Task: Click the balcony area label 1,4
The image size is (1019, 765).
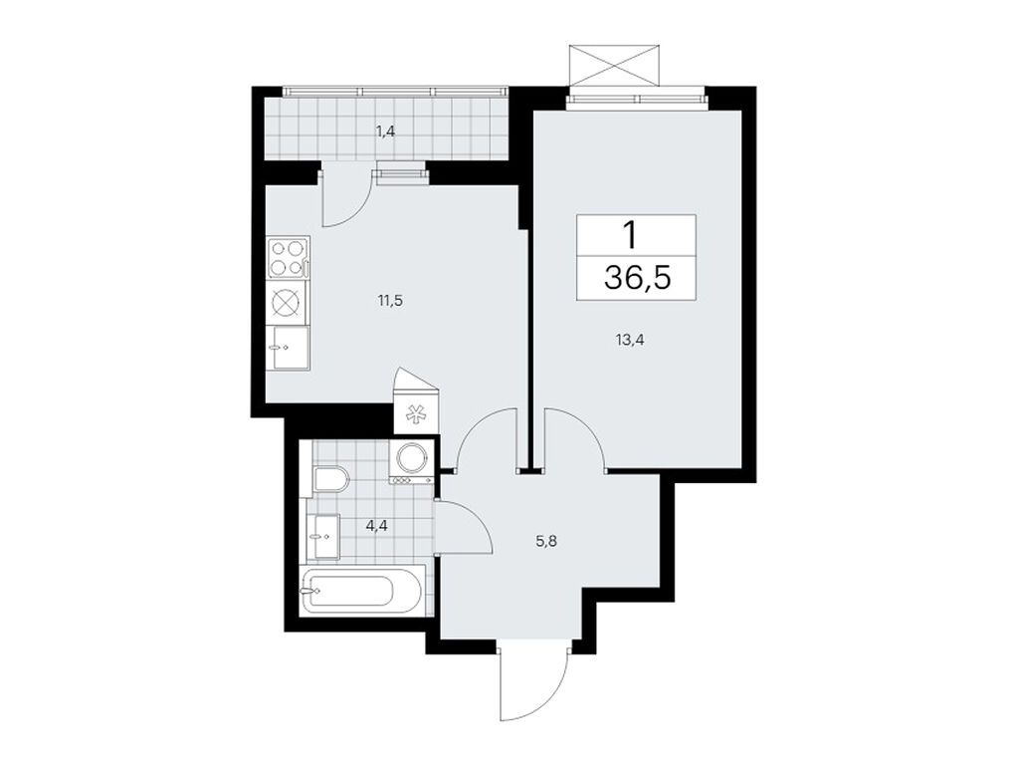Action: coord(387,130)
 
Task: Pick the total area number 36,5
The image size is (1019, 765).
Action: coord(637,277)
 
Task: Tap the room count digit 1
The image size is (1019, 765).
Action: coord(630,235)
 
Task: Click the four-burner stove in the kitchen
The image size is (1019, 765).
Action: coord(288,257)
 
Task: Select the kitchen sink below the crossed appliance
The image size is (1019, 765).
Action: coord(288,348)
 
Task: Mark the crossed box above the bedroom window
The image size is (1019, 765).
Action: coord(616,66)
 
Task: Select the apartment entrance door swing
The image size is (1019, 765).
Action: coord(534,687)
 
